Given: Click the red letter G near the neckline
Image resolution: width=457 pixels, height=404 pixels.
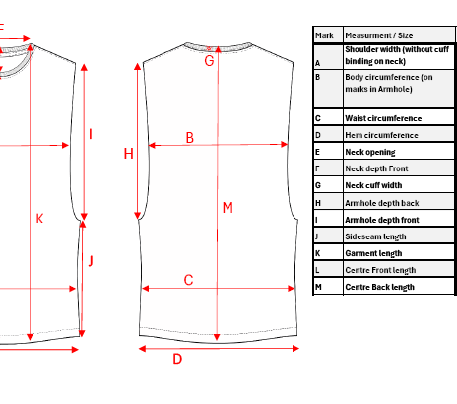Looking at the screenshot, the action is [x=209, y=61].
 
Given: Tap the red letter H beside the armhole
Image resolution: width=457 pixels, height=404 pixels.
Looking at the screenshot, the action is [x=128, y=154].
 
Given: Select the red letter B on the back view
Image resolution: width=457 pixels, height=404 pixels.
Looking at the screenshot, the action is [x=190, y=138].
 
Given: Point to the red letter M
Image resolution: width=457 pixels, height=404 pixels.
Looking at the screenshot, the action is [x=228, y=208].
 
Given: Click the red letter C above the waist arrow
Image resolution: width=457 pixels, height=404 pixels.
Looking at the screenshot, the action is [x=188, y=280].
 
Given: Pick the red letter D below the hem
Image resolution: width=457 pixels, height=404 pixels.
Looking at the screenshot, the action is [x=177, y=359].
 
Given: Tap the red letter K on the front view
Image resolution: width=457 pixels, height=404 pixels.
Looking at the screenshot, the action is [x=39, y=219].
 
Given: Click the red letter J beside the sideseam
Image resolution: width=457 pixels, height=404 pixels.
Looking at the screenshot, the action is [x=91, y=261].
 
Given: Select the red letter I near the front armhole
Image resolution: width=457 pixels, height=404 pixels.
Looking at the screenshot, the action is [x=91, y=134].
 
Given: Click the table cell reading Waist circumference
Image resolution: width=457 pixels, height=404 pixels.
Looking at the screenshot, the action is [x=399, y=117].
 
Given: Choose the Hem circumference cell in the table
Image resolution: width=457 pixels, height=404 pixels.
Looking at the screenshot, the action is [x=399, y=134].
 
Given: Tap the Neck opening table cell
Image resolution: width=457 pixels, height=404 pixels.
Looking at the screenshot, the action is [x=399, y=152].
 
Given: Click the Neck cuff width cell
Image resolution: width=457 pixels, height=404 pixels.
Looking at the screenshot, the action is [x=399, y=185].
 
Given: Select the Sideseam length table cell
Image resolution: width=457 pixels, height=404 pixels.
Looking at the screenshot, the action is [x=399, y=236].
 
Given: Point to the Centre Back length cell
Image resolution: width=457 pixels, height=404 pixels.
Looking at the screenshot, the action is [x=399, y=287].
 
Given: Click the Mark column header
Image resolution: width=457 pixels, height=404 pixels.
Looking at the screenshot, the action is [x=328, y=34].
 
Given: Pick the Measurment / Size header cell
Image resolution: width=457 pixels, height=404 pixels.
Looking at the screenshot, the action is [x=399, y=34].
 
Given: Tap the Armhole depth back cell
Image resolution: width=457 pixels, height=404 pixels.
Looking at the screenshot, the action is [x=399, y=202].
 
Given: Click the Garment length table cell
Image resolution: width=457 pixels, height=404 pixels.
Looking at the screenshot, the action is [x=399, y=252].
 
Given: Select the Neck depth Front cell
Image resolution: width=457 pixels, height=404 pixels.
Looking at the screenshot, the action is [x=399, y=168].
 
